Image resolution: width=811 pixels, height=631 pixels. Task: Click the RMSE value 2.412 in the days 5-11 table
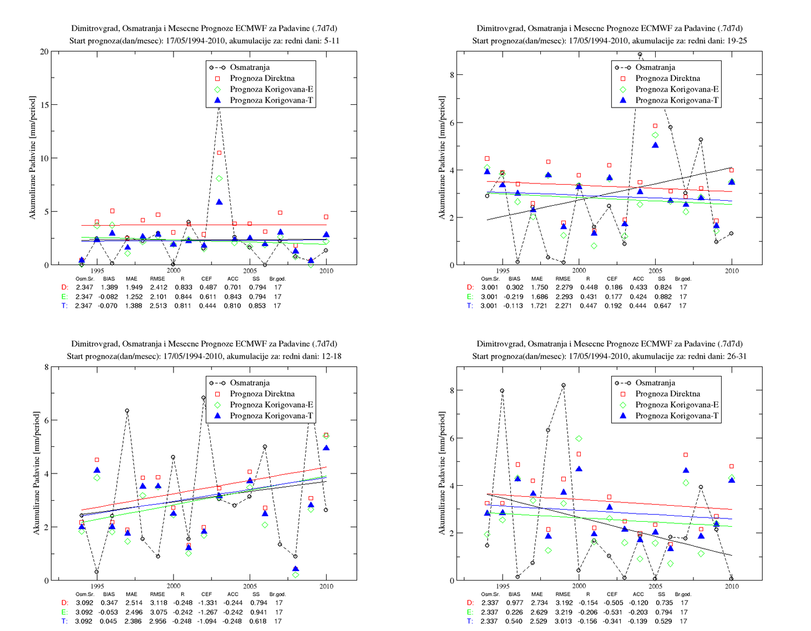(158, 287)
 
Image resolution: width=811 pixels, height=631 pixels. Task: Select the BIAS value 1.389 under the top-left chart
(109, 287)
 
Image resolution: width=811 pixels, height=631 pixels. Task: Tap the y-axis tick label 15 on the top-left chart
(44, 105)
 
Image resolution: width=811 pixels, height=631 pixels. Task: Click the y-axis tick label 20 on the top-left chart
(44, 52)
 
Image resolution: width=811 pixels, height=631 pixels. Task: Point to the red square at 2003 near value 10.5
(219, 152)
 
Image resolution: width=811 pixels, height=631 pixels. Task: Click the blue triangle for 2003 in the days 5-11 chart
(219, 202)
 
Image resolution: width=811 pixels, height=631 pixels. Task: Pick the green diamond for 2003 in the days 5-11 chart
(219, 179)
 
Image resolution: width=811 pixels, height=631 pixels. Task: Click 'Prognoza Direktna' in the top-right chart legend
(667, 78)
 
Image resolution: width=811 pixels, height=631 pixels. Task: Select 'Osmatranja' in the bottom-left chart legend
(250, 383)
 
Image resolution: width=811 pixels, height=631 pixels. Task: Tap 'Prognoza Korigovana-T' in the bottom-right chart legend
(677, 416)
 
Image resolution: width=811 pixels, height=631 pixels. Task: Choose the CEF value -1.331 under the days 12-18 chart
(207, 602)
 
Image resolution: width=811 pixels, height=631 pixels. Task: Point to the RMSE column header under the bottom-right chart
(563, 594)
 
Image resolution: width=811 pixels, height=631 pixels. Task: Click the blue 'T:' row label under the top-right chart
(470, 306)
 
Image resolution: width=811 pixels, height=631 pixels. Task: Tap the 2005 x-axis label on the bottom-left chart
(250, 586)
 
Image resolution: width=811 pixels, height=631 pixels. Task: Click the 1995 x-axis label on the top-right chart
(503, 271)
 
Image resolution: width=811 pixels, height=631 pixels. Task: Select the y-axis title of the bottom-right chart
(442, 474)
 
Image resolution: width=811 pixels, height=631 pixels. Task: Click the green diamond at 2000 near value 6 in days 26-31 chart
(579, 439)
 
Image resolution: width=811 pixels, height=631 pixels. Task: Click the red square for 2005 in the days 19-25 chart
(655, 126)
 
